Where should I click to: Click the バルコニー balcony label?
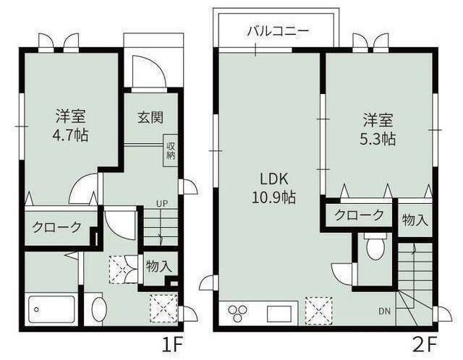click(x=278, y=31)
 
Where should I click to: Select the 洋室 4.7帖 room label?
click(x=70, y=125)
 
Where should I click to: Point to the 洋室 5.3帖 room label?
click(x=378, y=129)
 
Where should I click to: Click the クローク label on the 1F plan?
click(x=57, y=227)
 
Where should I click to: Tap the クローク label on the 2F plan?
click(x=360, y=215)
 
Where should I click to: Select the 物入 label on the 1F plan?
click(x=158, y=266)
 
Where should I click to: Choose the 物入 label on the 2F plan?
click(x=415, y=220)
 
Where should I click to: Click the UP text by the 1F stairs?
click(x=162, y=204)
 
